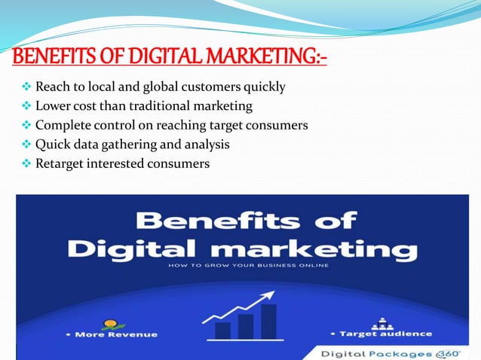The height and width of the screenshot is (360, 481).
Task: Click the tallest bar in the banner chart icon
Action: point(268,320)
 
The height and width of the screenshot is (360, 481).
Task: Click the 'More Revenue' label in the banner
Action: point(115,334)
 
